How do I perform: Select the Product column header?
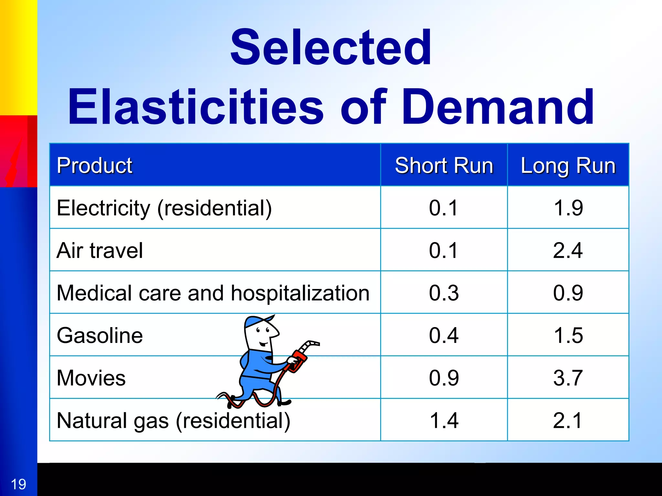click(x=94, y=165)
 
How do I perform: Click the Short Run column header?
click(x=444, y=165)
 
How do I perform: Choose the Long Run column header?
click(x=568, y=165)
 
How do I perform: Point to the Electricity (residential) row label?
click(x=164, y=208)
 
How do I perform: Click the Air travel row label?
click(x=100, y=250)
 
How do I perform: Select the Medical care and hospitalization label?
click(x=213, y=293)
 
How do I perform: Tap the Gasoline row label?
click(x=100, y=335)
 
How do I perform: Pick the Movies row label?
click(x=91, y=378)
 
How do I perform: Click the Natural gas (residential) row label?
click(x=173, y=420)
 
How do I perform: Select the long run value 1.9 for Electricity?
click(x=568, y=208)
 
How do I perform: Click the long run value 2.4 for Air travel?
click(x=568, y=250)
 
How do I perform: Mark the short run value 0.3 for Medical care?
click(x=444, y=293)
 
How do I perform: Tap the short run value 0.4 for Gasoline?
click(x=444, y=335)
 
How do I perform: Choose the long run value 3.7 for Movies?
click(x=568, y=378)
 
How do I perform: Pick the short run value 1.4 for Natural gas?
click(x=444, y=420)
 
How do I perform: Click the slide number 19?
click(x=18, y=484)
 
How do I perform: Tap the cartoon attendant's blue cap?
click(x=257, y=321)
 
